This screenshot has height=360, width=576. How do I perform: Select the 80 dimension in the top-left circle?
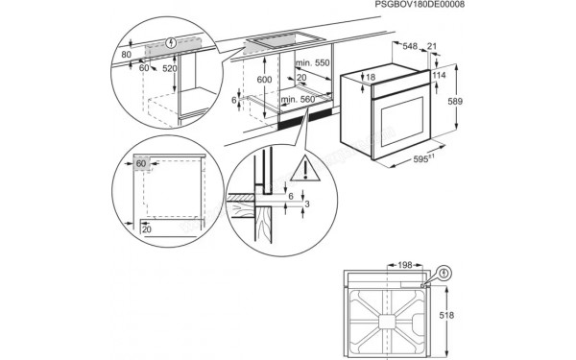tap(126, 56)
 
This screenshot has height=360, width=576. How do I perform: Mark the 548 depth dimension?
tap(411, 45)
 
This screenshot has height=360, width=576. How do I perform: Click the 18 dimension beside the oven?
tap(370, 77)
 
